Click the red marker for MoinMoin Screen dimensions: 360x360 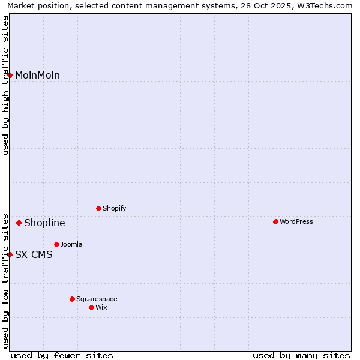(x=10, y=75)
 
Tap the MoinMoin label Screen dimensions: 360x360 (x=37, y=75)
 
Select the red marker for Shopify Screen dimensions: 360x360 (x=98, y=208)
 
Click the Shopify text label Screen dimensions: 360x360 (x=114, y=208)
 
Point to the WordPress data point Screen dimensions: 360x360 (x=275, y=221)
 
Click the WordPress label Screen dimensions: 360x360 (x=296, y=221)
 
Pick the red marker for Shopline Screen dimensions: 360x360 (x=19, y=223)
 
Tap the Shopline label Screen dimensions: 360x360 (x=44, y=223)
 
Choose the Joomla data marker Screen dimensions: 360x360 (x=56, y=244)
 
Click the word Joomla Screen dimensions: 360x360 (x=71, y=244)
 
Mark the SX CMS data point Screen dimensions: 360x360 (x=10, y=254)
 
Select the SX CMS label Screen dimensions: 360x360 (x=34, y=254)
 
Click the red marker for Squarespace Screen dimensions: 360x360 (x=72, y=299)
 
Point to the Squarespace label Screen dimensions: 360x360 (x=97, y=299)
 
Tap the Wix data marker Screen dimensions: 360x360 (x=91, y=307)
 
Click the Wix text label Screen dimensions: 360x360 (x=101, y=307)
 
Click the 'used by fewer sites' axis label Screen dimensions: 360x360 (x=62, y=355)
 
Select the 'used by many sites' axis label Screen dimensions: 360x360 (x=301, y=355)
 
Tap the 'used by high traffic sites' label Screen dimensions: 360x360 (x=5, y=85)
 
